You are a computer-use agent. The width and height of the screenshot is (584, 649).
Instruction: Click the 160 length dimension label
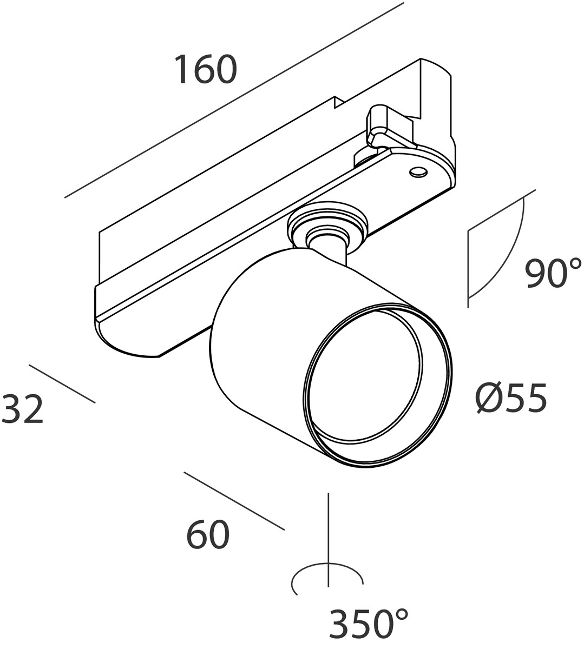(206, 70)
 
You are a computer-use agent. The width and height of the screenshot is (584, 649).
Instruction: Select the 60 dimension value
(208, 535)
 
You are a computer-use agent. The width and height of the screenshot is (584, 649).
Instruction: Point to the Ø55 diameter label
(512, 399)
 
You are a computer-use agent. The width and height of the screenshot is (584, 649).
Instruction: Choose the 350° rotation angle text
(368, 625)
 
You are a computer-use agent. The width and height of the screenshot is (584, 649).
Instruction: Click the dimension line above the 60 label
(234, 501)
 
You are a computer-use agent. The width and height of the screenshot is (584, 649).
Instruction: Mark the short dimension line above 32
(62, 383)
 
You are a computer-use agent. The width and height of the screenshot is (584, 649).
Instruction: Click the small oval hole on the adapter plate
(417, 172)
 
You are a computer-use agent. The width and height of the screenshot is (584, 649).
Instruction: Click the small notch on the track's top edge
(338, 102)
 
